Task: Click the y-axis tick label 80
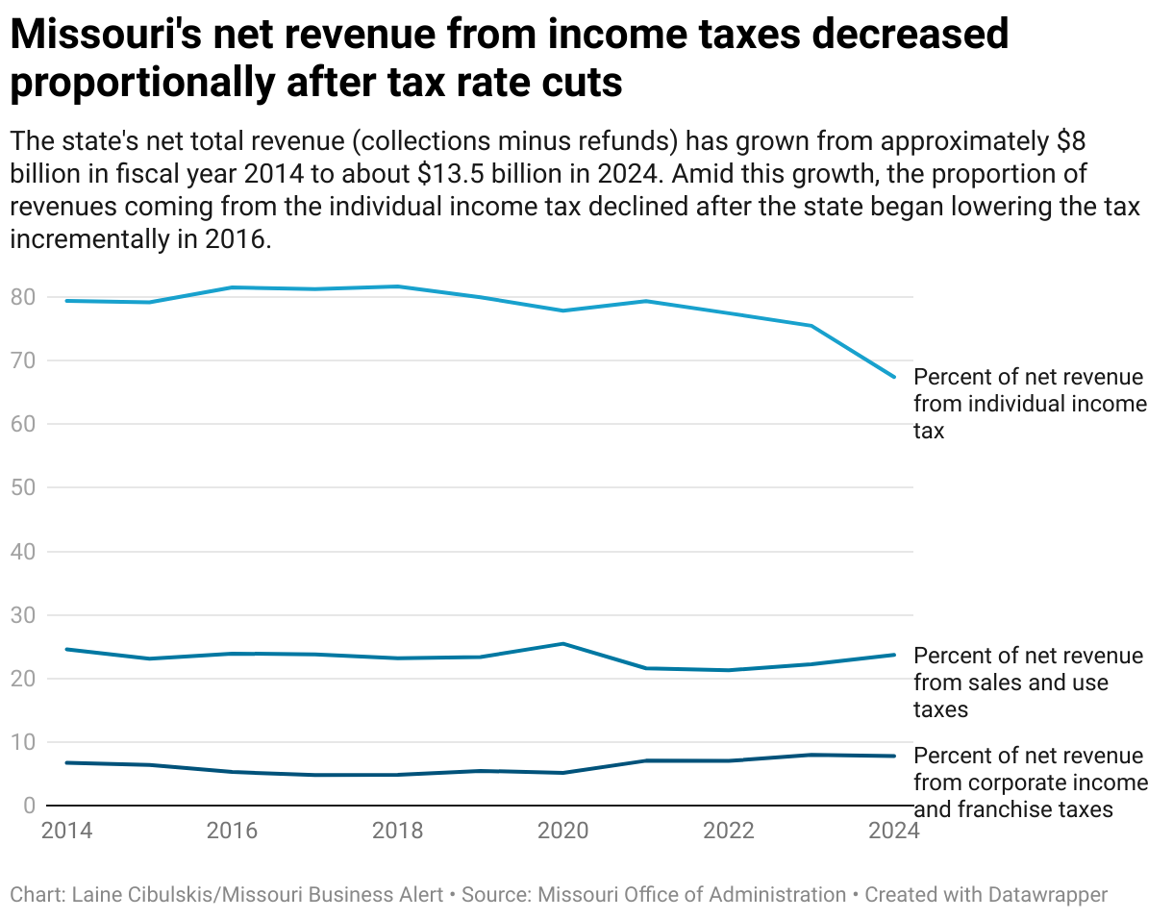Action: [24, 297]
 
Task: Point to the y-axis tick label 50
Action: [24, 487]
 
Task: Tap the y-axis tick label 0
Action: [30, 805]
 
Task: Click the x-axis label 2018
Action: [397, 831]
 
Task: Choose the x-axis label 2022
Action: [728, 831]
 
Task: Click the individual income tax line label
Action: [1030, 404]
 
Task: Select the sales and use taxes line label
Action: [1028, 683]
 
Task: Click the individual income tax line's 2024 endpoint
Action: [894, 377]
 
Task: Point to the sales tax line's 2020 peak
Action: [562, 643]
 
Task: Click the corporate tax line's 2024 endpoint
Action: [894, 756]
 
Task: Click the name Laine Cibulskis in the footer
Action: [142, 895]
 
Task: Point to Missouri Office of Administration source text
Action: [691, 895]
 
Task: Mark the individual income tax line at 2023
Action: [811, 326]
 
